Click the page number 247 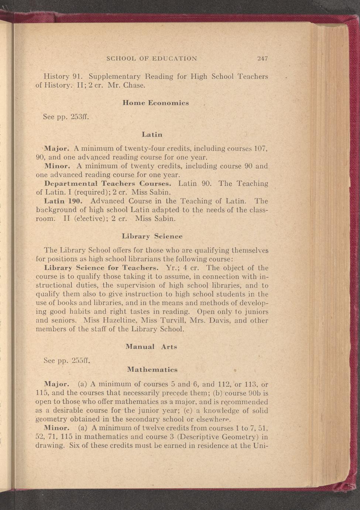263,58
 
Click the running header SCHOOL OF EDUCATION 152,58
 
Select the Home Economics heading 155,103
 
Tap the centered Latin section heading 152,135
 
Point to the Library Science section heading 152,236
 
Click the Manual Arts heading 151,347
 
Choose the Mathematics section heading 152,370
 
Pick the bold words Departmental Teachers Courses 107,184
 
